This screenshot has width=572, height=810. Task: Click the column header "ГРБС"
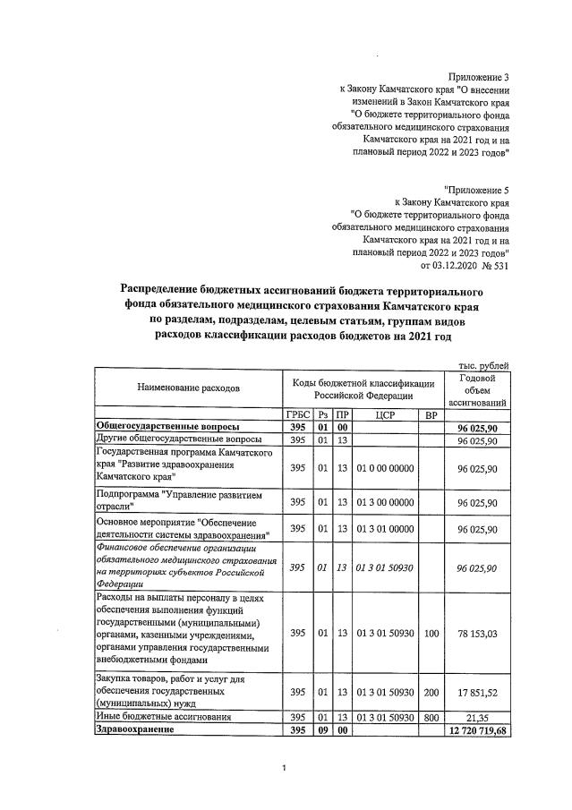pos(297,415)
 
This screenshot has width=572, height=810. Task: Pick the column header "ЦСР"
pos(386,415)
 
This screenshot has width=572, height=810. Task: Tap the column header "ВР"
pos(431,415)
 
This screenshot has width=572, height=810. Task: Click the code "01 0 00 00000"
pos(386,468)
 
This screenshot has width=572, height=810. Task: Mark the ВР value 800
pos(431,718)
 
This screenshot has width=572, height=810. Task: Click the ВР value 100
pos(431,634)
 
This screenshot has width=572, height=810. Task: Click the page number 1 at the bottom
pos(284,768)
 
